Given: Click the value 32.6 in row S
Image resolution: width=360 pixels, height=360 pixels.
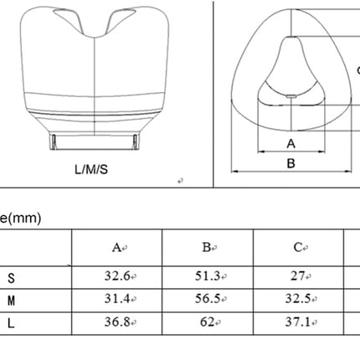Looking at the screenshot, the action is [x=117, y=276].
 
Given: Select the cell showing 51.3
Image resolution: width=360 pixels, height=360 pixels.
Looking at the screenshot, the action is [x=208, y=276].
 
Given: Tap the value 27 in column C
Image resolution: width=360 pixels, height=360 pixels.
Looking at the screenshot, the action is [x=298, y=276].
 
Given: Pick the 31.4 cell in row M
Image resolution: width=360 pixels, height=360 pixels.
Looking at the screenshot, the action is [x=117, y=299].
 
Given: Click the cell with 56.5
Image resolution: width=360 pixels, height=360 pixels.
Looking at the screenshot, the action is [x=208, y=299].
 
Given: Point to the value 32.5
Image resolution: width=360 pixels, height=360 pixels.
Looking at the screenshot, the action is [x=298, y=299].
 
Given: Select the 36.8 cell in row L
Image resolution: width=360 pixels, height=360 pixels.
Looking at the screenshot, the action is [x=117, y=321].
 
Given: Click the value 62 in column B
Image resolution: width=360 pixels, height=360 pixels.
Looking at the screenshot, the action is [x=207, y=321].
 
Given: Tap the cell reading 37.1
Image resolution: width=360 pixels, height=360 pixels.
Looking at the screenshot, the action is [x=298, y=321].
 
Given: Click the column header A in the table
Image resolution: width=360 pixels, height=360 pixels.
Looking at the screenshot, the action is [x=116, y=248].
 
